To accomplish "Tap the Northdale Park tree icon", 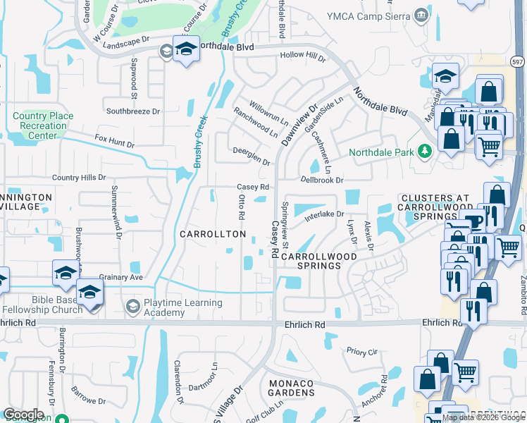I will (424, 151).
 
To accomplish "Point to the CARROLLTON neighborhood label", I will (213, 233).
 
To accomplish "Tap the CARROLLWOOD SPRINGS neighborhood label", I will (311, 261).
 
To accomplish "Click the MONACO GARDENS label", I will (292, 387).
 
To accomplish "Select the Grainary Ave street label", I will (121, 277).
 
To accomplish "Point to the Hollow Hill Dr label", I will (303, 56).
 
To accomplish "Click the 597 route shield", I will (518, 63).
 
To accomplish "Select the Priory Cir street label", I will (363, 350).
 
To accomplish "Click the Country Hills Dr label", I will (78, 178).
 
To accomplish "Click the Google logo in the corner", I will (23, 415).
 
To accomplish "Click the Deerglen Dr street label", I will (252, 155).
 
